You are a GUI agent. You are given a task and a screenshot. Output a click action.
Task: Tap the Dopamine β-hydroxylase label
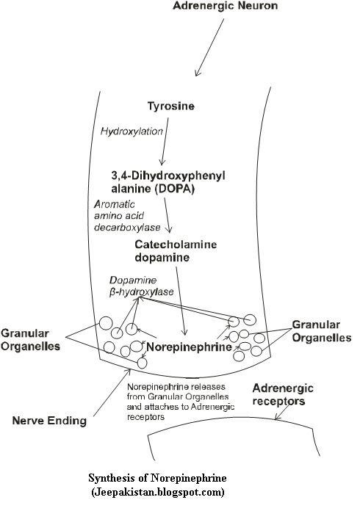click(x=141, y=286)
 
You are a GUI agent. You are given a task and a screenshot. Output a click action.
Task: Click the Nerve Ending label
click(x=48, y=421)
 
